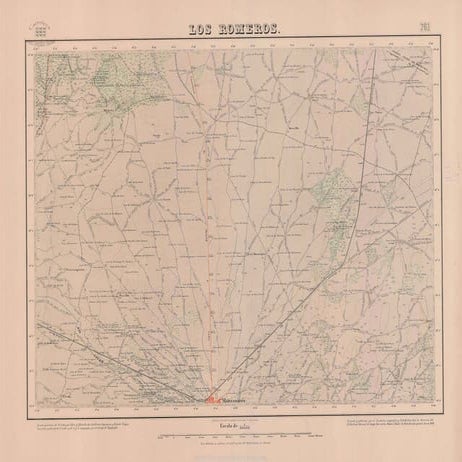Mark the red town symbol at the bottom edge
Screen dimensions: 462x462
coord(214,401)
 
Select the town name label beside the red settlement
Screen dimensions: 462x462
coord(236,403)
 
